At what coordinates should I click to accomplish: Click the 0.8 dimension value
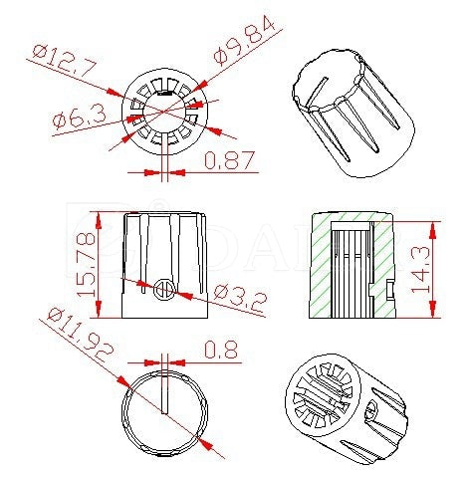pyautogui.click(x=220, y=349)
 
